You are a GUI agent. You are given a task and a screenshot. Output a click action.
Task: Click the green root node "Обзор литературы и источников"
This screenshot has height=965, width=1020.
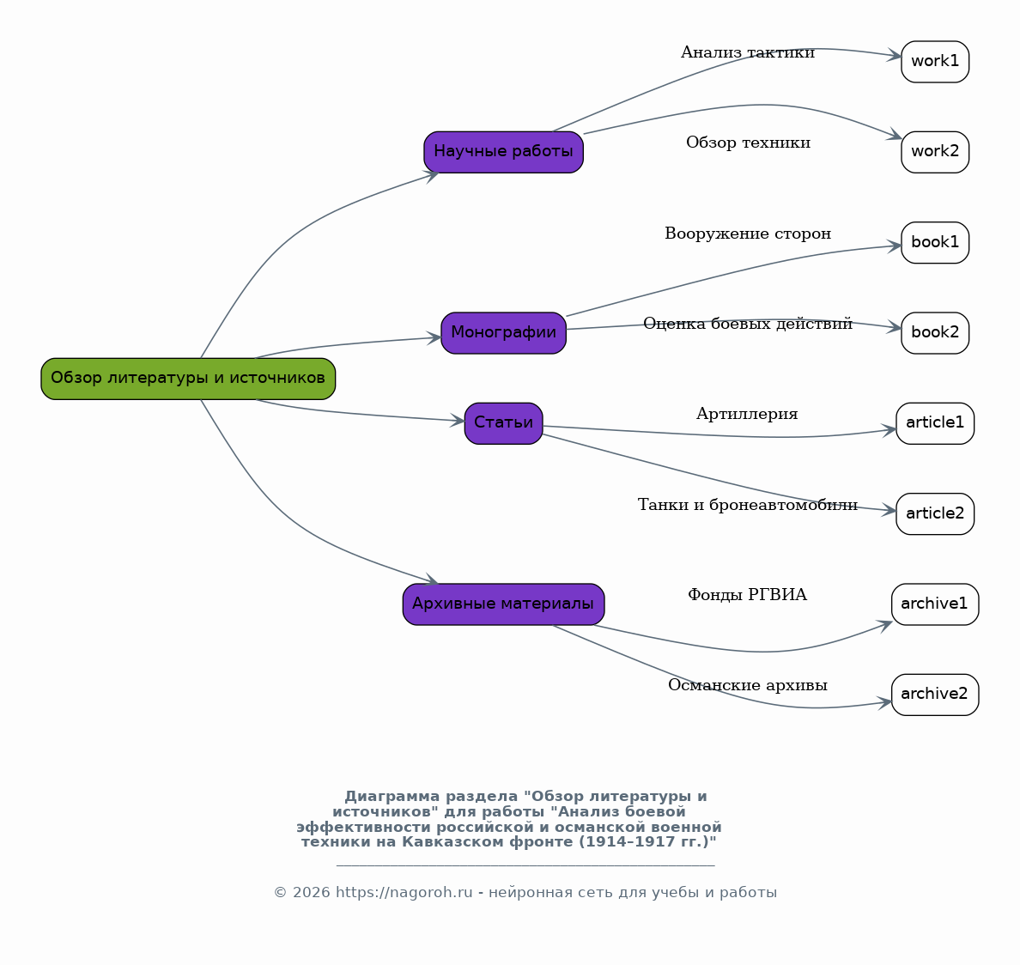pos(188,379)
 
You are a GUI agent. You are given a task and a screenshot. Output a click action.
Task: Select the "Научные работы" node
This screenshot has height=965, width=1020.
pos(503,152)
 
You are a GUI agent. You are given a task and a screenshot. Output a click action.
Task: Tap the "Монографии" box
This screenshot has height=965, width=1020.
pos(503,333)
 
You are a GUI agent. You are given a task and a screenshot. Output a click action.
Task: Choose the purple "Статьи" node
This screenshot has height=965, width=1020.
pos(503,423)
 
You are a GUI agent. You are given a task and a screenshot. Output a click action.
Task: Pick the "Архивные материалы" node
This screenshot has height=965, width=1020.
pos(503,604)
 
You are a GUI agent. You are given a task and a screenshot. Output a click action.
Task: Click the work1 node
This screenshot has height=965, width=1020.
pos(935,62)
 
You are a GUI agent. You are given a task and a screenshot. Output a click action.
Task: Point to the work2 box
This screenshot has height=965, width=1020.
pos(935,152)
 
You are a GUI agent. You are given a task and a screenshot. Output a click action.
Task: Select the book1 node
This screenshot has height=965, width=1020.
pos(935,243)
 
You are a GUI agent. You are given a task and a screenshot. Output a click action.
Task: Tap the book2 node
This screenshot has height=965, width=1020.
pos(935,333)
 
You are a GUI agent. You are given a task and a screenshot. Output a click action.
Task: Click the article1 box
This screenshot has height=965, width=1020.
pos(935,423)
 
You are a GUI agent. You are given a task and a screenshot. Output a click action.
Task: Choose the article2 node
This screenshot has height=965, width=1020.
pos(935,513)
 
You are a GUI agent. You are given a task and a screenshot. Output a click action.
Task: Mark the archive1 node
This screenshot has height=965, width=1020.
pos(935,604)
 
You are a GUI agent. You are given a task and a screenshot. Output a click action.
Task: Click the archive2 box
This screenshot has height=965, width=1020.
pos(935,695)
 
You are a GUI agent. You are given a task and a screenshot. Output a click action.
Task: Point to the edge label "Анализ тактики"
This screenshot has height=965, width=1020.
pos(748,52)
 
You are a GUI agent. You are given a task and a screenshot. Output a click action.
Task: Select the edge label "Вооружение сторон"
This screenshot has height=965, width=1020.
pos(748,234)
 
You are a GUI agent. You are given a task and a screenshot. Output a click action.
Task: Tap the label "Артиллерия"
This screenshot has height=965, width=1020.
pos(747,414)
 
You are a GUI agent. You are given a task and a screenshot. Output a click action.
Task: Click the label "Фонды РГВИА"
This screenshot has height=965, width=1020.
pos(748,595)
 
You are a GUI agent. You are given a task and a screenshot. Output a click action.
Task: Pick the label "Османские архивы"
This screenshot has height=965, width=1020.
pos(748,685)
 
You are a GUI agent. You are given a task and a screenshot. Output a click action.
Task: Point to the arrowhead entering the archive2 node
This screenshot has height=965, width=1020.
pos(884,702)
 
